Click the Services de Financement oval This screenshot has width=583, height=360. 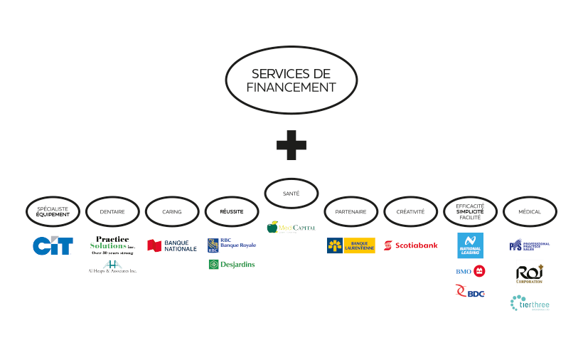point(291,80)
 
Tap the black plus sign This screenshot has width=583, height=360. point(291,145)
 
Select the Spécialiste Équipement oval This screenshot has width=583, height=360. point(53,211)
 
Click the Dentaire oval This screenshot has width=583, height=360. point(112,211)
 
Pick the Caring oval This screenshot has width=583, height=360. point(172,211)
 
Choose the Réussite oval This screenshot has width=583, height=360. point(232,211)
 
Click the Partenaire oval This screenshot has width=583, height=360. point(351,211)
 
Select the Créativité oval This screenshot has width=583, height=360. point(411,211)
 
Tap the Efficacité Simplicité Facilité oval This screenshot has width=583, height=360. point(471,211)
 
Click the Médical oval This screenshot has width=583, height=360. point(530,211)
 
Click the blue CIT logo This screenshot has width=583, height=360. point(53,245)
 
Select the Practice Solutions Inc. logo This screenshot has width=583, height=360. point(112,244)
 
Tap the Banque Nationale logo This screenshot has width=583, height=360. point(172,245)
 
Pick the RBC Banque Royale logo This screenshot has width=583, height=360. point(232,245)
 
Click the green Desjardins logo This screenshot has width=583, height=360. point(232,265)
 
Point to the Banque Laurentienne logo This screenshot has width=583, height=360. point(351,245)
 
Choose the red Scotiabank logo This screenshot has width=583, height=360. point(411,245)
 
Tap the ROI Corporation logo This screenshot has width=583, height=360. point(530,274)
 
